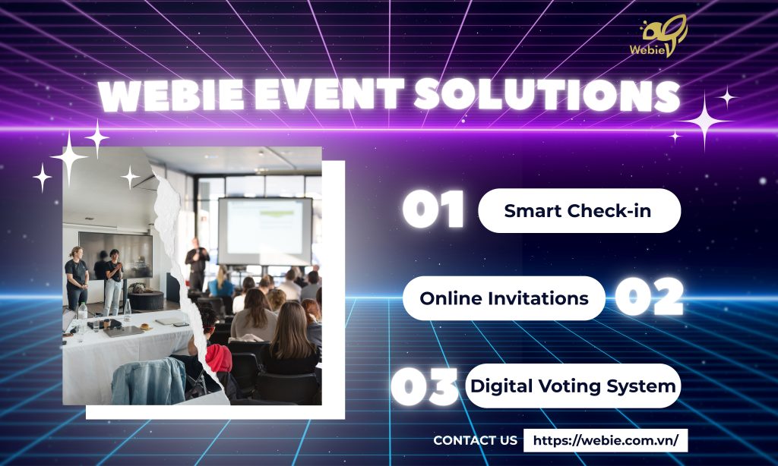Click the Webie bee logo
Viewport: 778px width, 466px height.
click(659, 36)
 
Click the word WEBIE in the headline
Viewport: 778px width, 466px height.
click(171, 95)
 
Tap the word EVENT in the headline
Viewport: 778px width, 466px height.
click(328, 95)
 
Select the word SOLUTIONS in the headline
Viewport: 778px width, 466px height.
click(546, 95)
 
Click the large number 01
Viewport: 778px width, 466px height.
click(433, 209)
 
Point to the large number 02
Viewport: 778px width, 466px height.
click(650, 297)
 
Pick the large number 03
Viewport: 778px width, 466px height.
click(424, 386)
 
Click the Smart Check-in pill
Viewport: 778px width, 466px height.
click(579, 211)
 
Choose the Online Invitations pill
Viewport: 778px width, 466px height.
click(504, 298)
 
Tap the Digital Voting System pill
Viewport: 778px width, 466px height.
click(573, 386)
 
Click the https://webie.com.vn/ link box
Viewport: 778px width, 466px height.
click(606, 440)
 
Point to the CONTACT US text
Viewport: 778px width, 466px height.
click(475, 440)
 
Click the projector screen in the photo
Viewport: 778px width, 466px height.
click(265, 231)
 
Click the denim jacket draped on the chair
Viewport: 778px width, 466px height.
click(149, 381)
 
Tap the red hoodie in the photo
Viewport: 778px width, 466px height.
click(218, 358)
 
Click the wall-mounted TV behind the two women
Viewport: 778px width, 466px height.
click(115, 255)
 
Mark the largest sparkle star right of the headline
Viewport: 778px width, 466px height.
click(704, 121)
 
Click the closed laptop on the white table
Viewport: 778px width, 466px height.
click(124, 331)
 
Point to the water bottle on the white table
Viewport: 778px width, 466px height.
click(82, 314)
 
